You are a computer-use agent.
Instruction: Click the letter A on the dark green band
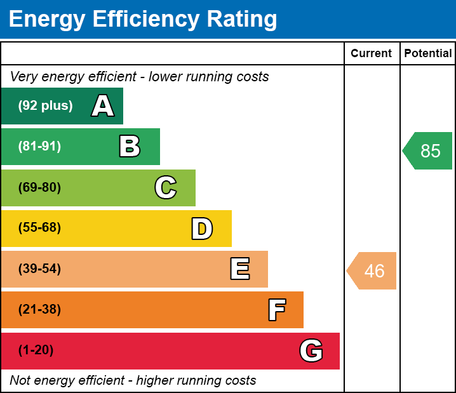point(103,106)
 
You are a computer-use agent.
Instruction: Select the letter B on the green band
point(130,147)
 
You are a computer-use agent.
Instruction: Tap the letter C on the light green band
point(166,188)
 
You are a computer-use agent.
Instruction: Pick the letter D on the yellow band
point(202,229)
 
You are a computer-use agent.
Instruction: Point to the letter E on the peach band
point(239,269)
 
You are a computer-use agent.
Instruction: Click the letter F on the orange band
point(276,310)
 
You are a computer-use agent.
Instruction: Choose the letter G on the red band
point(311,350)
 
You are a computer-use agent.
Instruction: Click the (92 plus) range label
point(45,106)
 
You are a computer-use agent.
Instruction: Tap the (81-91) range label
point(39,147)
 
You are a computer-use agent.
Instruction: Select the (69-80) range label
point(39,188)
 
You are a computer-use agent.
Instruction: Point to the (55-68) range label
point(39,228)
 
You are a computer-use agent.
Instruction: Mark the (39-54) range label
point(39,269)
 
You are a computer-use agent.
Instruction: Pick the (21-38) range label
point(39,310)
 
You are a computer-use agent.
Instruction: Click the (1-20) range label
point(36,350)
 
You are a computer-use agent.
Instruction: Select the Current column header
point(372,53)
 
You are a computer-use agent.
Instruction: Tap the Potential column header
point(428,53)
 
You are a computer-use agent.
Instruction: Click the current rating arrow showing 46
point(372,271)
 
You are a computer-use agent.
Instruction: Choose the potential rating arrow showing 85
point(428,151)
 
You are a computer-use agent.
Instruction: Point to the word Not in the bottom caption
point(20,381)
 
